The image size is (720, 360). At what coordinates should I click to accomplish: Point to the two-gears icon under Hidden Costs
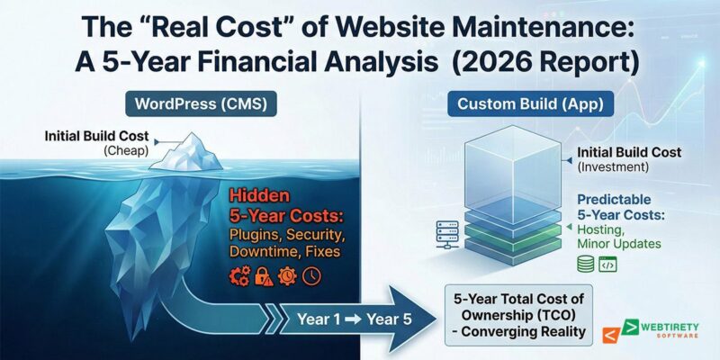point(239,276)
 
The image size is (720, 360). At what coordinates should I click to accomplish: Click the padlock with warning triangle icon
point(264,276)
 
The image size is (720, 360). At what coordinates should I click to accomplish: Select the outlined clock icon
point(311,276)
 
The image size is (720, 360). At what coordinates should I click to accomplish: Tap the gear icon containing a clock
point(288,276)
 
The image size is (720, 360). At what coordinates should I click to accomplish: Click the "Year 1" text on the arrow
point(317,317)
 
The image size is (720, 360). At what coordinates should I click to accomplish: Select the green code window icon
point(607,264)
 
